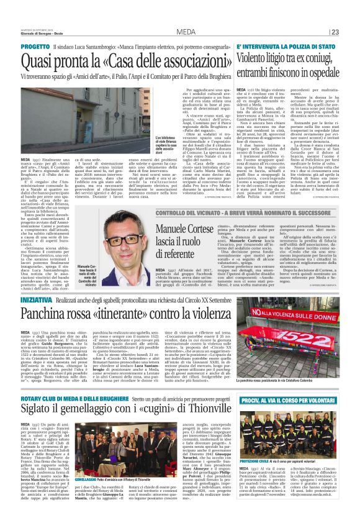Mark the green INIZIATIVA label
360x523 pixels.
(37, 299)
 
